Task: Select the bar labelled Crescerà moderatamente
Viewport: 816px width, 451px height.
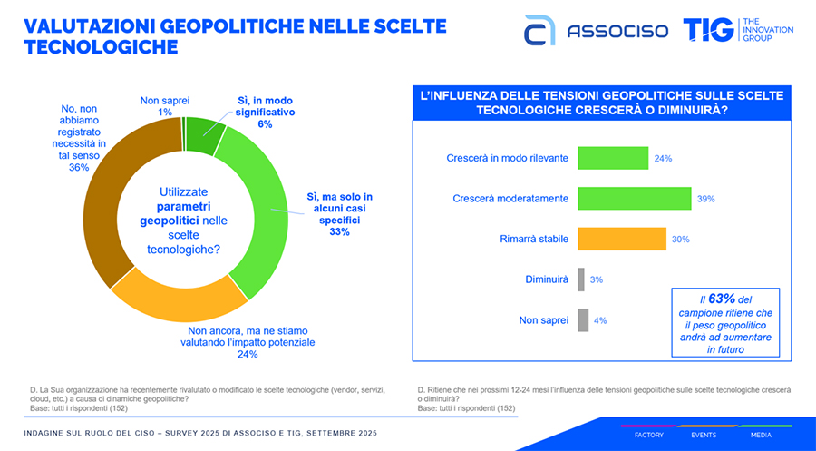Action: coord(635,198)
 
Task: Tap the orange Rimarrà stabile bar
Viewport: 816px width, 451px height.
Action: coord(622,239)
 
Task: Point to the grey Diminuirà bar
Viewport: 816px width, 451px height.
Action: coord(581,279)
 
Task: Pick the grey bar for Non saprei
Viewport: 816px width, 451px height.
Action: coord(582,319)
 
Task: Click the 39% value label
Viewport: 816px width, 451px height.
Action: coord(706,199)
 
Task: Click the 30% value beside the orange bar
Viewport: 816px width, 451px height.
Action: coord(681,240)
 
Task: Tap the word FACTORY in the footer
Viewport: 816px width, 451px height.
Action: coord(649,435)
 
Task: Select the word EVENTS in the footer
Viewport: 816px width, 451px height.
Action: coord(704,435)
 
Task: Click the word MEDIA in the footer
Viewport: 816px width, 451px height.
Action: coord(760,435)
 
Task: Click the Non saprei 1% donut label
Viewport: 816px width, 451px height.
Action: coord(164,105)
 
